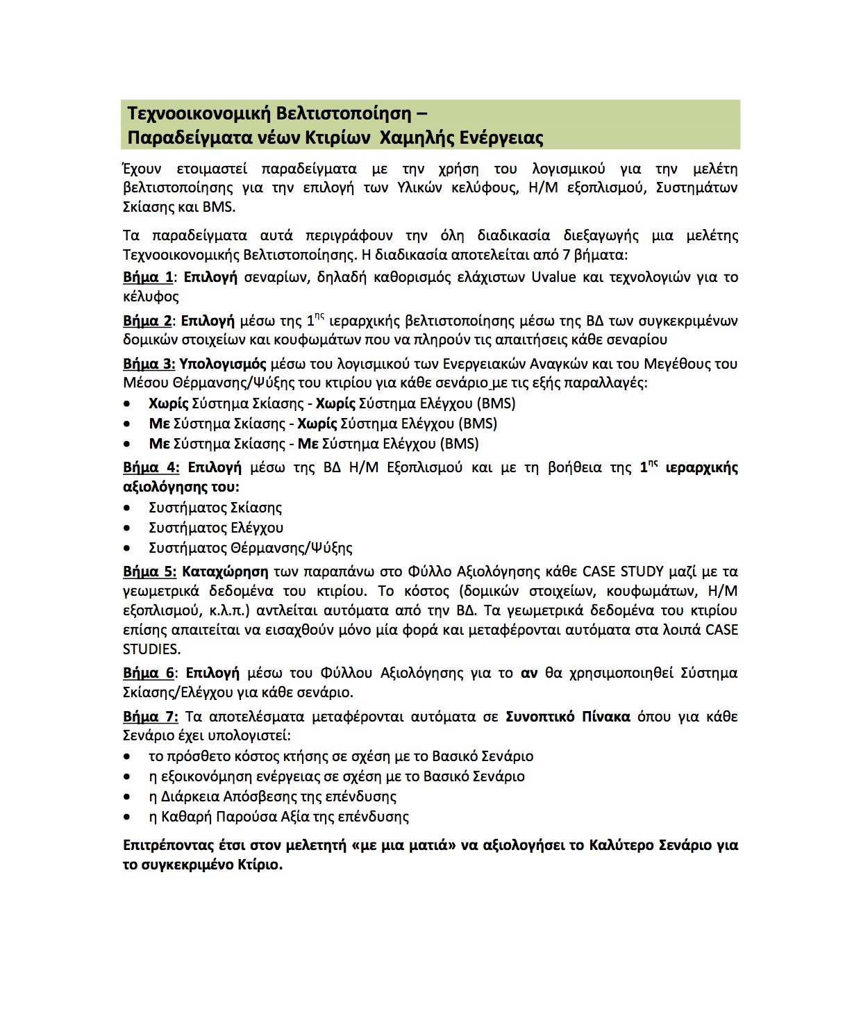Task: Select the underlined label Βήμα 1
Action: click(148, 277)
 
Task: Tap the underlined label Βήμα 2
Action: click(147, 321)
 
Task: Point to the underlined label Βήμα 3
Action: click(149, 364)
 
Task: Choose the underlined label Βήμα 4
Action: click(151, 467)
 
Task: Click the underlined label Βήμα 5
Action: click(149, 572)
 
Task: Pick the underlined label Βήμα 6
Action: click(149, 673)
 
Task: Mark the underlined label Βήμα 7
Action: click(150, 717)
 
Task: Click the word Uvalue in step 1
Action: click(553, 277)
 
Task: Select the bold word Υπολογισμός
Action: click(223, 364)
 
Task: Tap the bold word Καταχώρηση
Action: click(225, 572)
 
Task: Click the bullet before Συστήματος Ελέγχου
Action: click(127, 528)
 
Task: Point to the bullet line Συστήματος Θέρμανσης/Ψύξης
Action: click(250, 548)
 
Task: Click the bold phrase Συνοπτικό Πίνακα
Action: click(568, 717)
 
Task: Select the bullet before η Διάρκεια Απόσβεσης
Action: click(127, 797)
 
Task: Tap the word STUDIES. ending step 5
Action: click(151, 649)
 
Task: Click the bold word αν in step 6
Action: click(529, 673)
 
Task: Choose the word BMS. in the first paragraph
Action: click(219, 207)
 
